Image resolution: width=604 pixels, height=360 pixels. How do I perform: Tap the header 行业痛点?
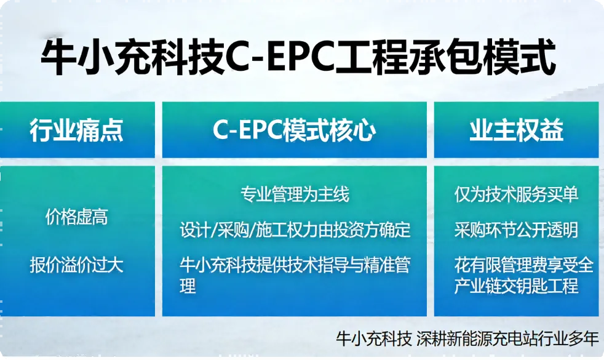tap(76, 130)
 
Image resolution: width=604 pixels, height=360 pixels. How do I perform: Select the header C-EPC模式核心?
tap(294, 130)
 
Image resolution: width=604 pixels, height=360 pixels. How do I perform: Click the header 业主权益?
tap(516, 130)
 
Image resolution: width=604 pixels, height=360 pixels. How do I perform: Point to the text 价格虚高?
tap(76, 217)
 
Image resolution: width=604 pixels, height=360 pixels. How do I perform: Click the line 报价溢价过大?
tap(76, 265)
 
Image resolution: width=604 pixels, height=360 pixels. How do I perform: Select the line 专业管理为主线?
tap(295, 195)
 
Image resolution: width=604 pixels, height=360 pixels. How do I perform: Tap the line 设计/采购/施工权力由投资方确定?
tap(295, 230)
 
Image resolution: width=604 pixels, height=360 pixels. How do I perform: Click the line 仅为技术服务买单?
tap(516, 195)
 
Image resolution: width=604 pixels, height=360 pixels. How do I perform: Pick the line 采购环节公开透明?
tap(516, 230)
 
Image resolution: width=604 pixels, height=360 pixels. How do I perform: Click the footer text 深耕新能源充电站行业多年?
tap(507, 338)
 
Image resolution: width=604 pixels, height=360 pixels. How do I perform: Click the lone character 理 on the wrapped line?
tap(188, 286)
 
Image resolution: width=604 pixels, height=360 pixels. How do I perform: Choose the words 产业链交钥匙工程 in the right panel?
tap(516, 286)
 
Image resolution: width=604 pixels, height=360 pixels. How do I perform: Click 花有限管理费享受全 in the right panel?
tap(523, 265)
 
